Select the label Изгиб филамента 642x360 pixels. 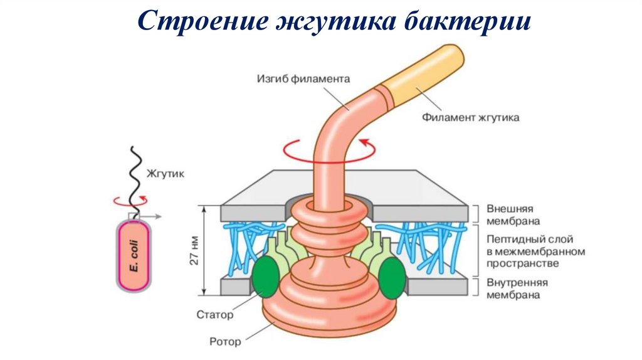(303, 79)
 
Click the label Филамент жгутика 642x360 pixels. (470, 117)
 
